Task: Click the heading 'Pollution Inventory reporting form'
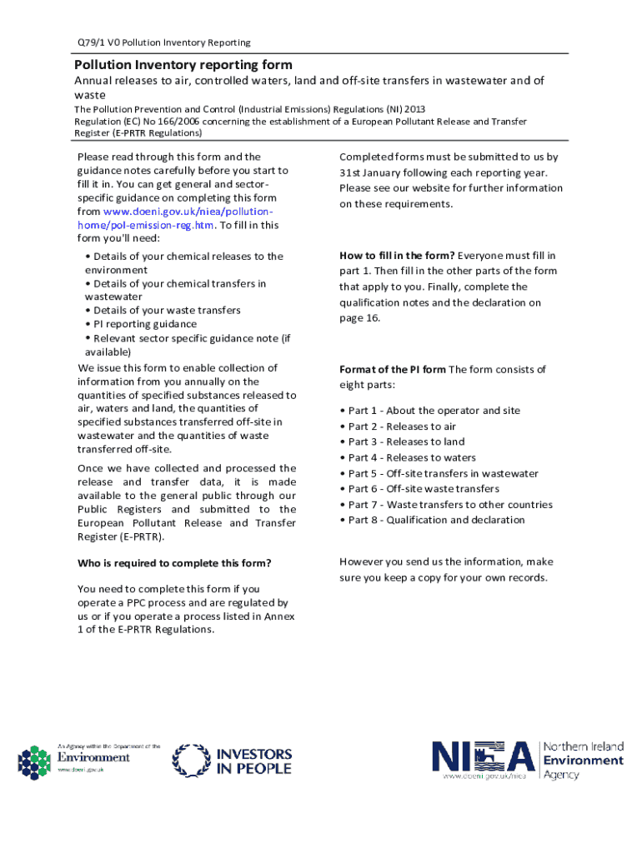(183, 64)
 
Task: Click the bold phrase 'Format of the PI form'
(392, 370)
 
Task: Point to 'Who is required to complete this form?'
(174, 564)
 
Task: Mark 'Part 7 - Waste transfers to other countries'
(446, 505)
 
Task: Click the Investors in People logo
(232, 761)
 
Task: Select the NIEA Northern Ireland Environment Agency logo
(527, 759)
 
